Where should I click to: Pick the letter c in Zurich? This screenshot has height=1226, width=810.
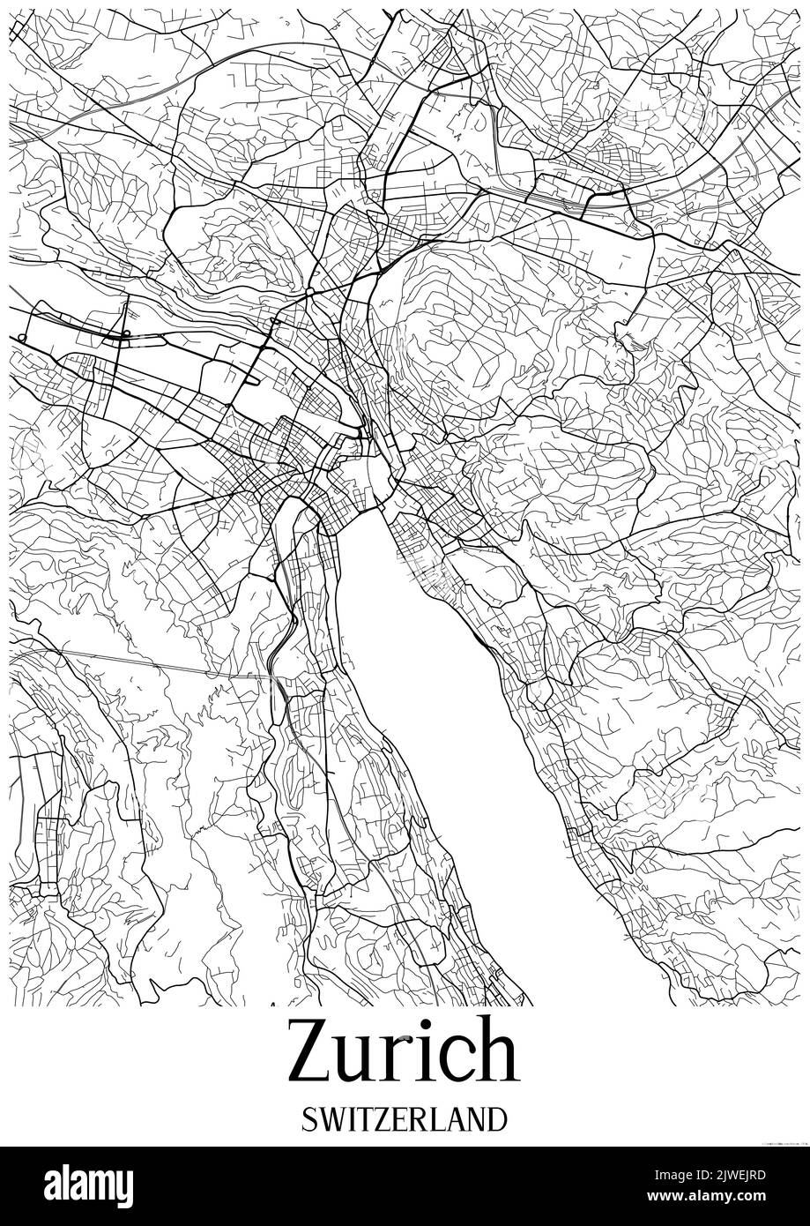pos(456,1059)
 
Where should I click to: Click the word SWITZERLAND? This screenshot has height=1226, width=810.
pos(405,1119)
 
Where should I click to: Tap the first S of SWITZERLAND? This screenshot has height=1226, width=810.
pos(308,1119)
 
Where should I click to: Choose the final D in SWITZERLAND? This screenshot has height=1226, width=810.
pos(498,1119)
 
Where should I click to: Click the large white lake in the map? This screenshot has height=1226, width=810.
pos(441,706)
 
